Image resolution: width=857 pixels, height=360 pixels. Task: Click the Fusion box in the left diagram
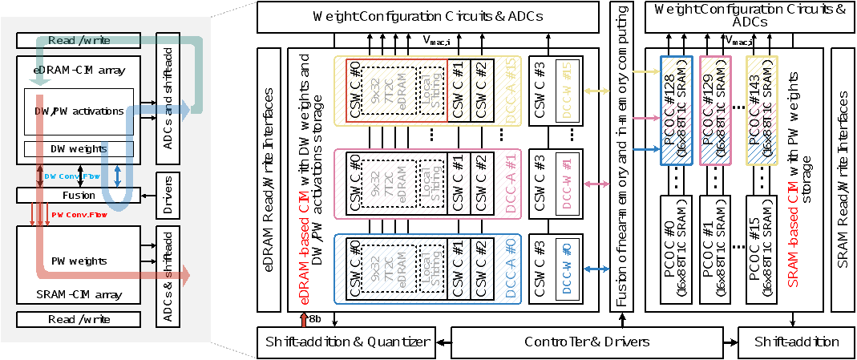coord(79,195)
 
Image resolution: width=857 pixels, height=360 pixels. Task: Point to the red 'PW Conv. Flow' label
coord(79,215)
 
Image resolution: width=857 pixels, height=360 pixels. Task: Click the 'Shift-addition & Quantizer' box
coord(346,342)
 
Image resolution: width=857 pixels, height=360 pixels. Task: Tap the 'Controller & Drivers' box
coord(587,342)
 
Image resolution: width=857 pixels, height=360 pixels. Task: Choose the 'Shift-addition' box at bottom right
coord(796,342)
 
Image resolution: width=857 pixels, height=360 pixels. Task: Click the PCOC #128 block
coord(677,109)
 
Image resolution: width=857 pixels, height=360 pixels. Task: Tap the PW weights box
coord(79,261)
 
